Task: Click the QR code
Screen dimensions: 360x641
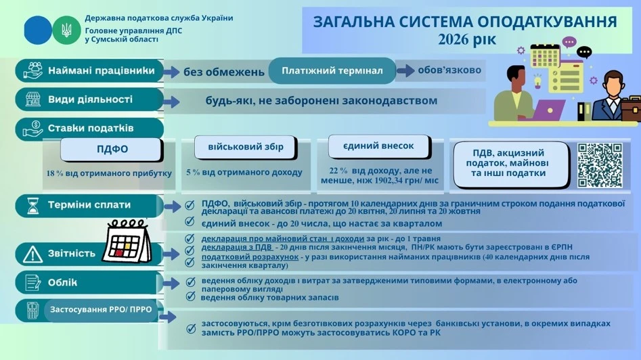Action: click(x=599, y=164)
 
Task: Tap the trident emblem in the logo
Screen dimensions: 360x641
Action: click(x=66, y=30)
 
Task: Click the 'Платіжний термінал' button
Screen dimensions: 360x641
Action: click(x=332, y=70)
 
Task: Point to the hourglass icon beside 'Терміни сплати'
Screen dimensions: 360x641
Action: click(x=32, y=205)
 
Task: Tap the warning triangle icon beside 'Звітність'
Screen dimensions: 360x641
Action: click(x=32, y=253)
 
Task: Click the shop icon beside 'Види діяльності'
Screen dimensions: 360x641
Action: click(x=32, y=99)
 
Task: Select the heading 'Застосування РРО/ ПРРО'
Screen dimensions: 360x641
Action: click(x=102, y=310)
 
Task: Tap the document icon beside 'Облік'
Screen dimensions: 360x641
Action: click(x=32, y=282)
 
